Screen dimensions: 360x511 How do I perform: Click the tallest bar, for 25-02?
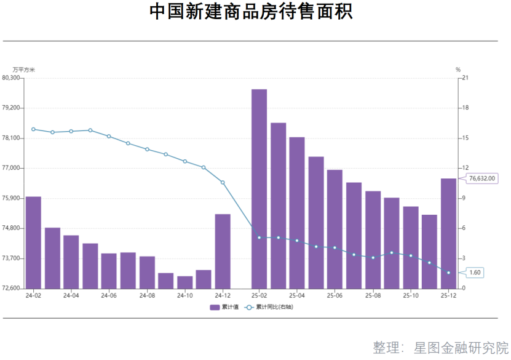pyautogui.click(x=259, y=188)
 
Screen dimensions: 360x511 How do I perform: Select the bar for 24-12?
pyautogui.click(x=223, y=251)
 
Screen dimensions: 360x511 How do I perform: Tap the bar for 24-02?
pyautogui.click(x=33, y=242)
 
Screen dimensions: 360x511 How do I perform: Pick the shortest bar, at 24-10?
pyautogui.click(x=184, y=282)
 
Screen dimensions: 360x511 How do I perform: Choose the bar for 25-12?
pyautogui.click(x=448, y=233)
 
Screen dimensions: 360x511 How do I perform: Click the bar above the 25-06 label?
pyautogui.click(x=335, y=229)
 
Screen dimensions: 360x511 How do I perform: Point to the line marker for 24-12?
pyautogui.click(x=223, y=182)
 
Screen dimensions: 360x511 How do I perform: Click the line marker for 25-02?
pyautogui.click(x=259, y=238)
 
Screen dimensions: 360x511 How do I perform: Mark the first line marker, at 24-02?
pyautogui.click(x=33, y=129)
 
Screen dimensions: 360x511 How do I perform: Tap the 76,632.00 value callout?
pyautogui.click(x=481, y=178)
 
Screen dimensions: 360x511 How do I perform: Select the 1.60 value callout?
pyautogui.click(x=475, y=273)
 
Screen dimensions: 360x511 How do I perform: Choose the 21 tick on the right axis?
pyautogui.click(x=465, y=78)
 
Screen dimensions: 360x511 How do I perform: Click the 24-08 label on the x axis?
pyautogui.click(x=147, y=296)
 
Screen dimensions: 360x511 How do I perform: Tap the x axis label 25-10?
pyautogui.click(x=411, y=296)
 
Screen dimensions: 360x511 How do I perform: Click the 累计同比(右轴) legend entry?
pyautogui.click(x=269, y=306)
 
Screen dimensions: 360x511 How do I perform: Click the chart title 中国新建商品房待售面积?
pyautogui.click(x=252, y=12)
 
